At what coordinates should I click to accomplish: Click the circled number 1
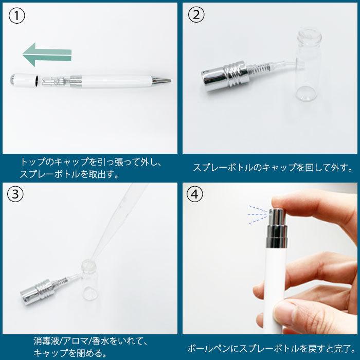pos(16,16)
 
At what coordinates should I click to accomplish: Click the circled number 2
pos(196,15)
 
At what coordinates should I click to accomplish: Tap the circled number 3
pos(15,194)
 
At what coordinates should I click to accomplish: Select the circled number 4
pos(195,194)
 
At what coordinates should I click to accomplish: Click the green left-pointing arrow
pos(47,55)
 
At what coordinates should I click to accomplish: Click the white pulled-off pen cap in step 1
pos(24,80)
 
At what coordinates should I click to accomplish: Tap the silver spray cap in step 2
pos(225,76)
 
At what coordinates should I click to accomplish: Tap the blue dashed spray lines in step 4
pos(258,214)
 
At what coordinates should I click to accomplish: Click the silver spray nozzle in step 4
pos(277,227)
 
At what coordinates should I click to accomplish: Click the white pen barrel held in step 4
pos(274,289)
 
